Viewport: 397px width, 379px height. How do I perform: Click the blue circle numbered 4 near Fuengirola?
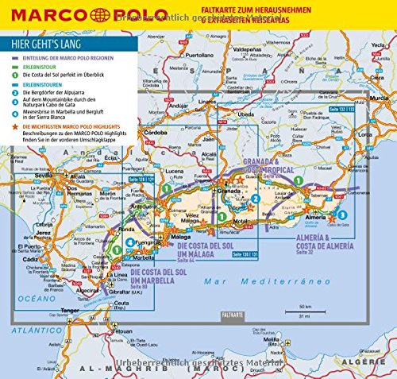tap(117, 251)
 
